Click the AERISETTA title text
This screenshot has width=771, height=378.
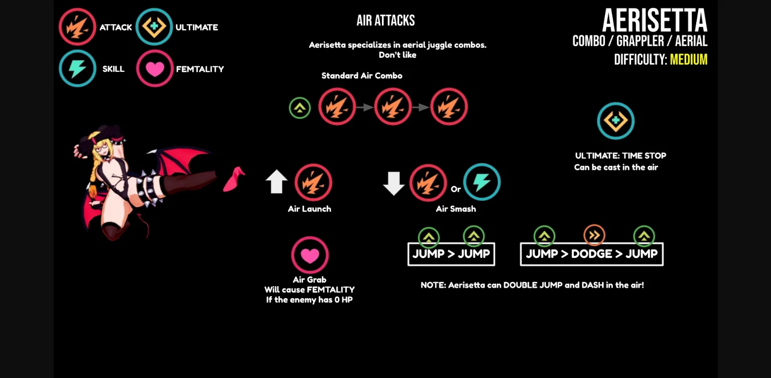pos(655,21)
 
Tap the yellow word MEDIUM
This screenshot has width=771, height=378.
pos(688,60)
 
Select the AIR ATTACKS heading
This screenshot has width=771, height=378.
pos(385,21)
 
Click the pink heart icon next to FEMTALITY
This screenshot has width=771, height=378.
pos(155,69)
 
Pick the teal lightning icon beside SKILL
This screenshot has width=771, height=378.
pos(77,69)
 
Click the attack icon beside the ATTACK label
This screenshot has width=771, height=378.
pos(77,27)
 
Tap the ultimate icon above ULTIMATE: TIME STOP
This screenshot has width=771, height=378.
pos(615,121)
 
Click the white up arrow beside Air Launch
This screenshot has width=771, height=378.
pos(276,182)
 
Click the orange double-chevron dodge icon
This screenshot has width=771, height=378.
pos(594,235)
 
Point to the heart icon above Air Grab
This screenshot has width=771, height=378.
pos(310,256)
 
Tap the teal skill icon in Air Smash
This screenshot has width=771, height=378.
pos(481,182)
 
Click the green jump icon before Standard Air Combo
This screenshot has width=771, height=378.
pos(300,108)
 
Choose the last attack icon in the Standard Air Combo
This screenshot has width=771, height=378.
pos(449,107)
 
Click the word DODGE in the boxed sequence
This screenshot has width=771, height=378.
pos(591,254)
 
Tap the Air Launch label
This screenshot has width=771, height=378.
pos(309,209)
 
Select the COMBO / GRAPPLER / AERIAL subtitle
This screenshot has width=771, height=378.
pos(639,41)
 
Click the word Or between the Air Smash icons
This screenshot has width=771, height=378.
pos(455,189)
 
